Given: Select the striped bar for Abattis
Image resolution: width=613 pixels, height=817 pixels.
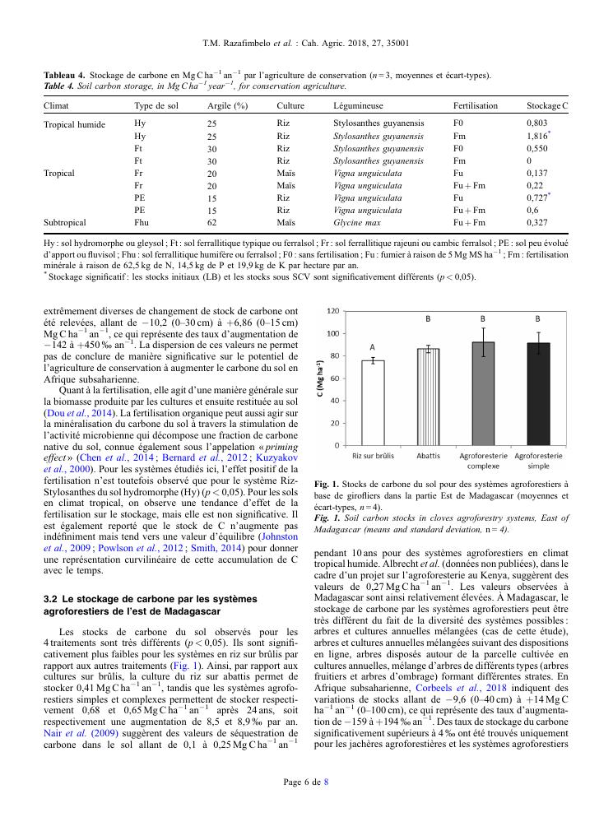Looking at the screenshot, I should (428, 397).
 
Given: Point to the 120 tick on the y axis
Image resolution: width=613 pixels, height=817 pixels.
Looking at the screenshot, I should (332, 311).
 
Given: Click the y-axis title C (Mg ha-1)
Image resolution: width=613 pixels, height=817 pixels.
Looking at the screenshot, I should (320, 378).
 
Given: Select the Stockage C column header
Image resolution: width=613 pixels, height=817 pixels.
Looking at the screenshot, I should (547, 106).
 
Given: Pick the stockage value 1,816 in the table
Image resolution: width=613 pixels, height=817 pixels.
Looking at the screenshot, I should (538, 136).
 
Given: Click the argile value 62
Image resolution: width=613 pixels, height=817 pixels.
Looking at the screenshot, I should (211, 222).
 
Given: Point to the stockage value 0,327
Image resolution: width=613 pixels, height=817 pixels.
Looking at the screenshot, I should (537, 222).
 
